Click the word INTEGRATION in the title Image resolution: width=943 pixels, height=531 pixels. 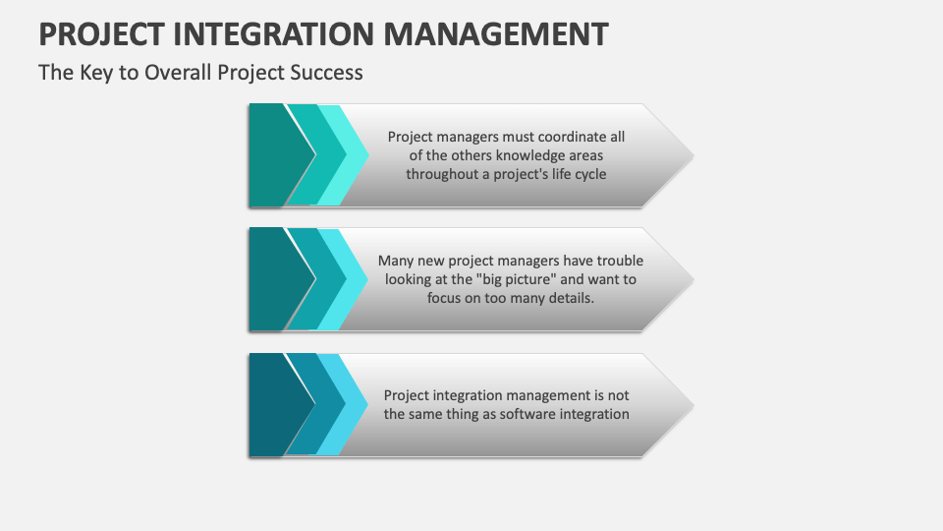pyautogui.click(x=274, y=33)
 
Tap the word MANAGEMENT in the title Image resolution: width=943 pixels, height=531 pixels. pyautogui.click(x=496, y=33)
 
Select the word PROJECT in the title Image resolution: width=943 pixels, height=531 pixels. pyautogui.click(x=101, y=34)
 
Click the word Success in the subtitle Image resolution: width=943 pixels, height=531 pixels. pyautogui.click(x=326, y=72)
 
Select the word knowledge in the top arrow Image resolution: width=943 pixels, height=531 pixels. pyautogui.click(x=527, y=155)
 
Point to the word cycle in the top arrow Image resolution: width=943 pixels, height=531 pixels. pyautogui.click(x=590, y=175)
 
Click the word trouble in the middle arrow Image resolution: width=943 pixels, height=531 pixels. pyautogui.click(x=620, y=261)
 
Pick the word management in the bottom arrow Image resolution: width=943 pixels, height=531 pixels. pyautogui.click(x=548, y=395)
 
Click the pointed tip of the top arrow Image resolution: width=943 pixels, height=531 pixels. pyautogui.click(x=693, y=155)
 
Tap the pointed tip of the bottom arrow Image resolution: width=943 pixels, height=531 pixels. pyautogui.click(x=693, y=405)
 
